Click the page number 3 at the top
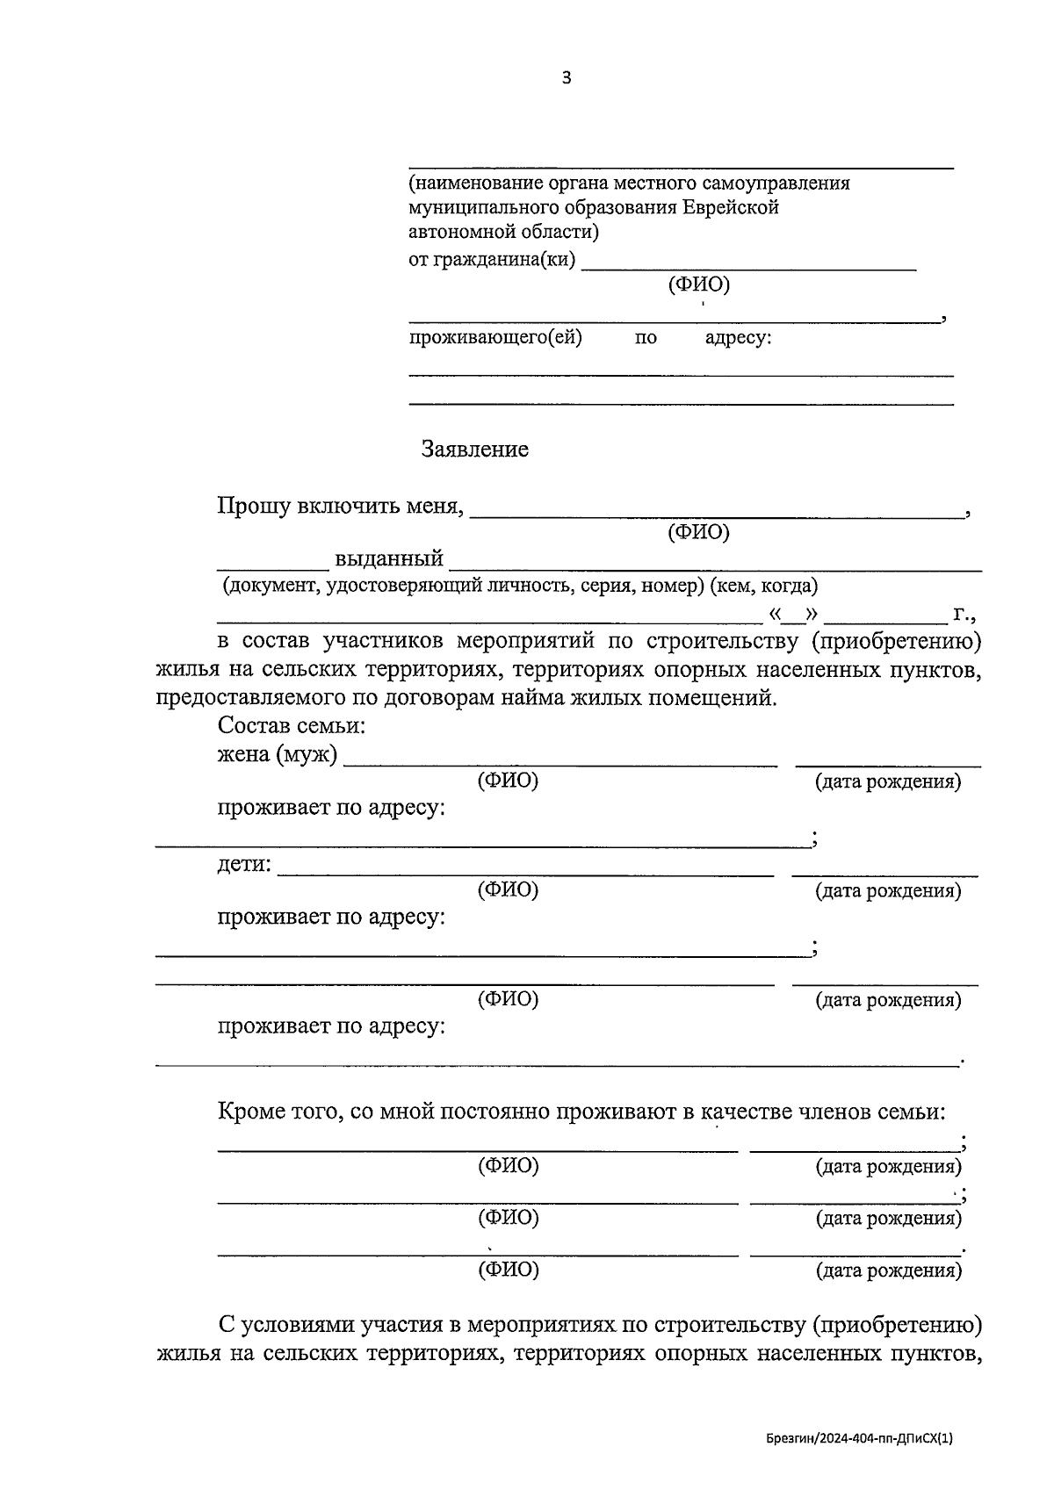pos(566,78)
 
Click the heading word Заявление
pos(474,450)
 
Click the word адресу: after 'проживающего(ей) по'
pos(738,338)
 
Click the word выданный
pos(388,558)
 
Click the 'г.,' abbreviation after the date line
pos(964,614)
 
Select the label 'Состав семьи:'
pos(291,726)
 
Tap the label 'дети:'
pos(244,864)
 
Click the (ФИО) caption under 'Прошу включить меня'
pos(698,532)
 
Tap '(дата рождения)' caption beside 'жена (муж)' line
pos(888,781)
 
